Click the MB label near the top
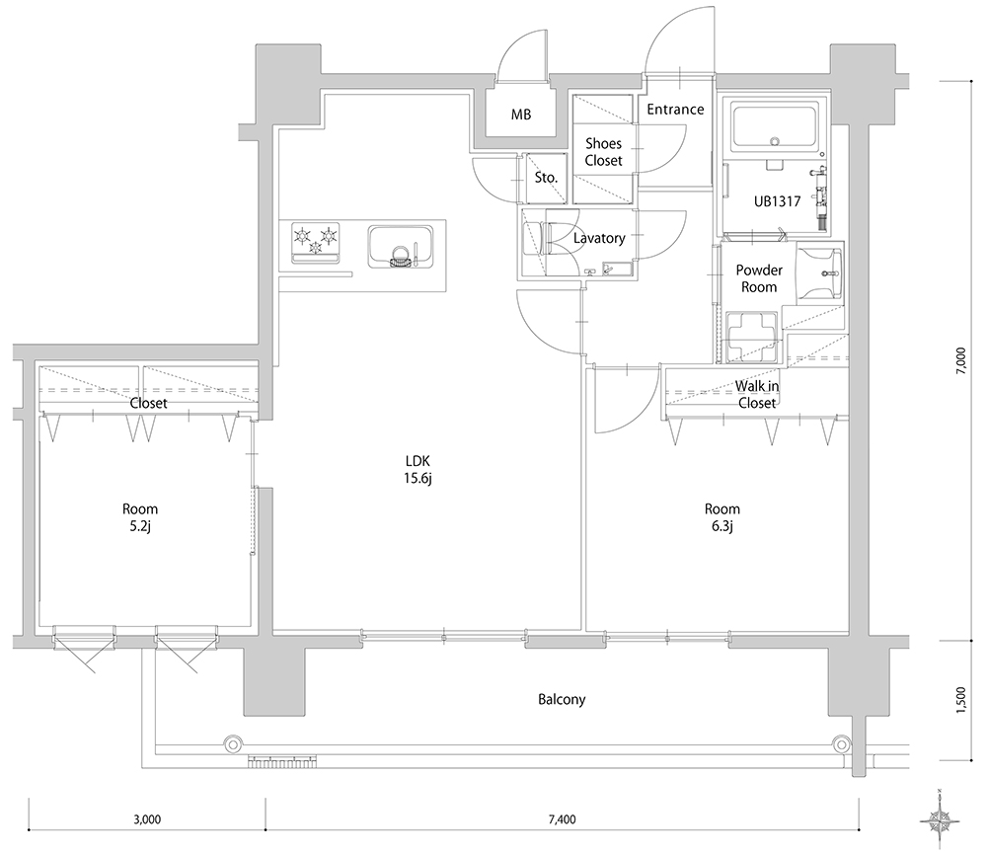coord(520,115)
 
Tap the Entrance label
coord(675,110)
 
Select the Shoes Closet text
coord(603,152)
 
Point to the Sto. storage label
coord(546,178)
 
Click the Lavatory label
coord(599,238)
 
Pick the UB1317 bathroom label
coord(778,201)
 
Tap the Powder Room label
coord(759,278)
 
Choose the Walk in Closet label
coord(757,394)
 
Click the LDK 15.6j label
coord(418,470)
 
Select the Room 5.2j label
coord(140,517)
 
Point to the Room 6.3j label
coord(722,517)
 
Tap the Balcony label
coord(562,700)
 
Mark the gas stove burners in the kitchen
coord(316,242)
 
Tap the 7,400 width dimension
coord(563,819)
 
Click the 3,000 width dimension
coord(147,819)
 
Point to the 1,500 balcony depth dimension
coord(960,700)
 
